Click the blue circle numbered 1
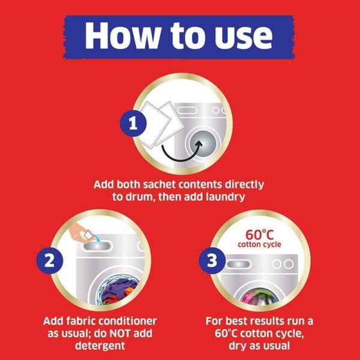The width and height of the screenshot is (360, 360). click(133, 123)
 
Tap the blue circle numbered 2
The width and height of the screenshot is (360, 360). click(50, 260)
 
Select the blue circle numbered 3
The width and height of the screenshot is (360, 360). click(212, 260)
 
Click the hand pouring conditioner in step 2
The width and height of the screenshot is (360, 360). click(79, 232)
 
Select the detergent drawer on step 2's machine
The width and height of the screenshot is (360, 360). click(97, 247)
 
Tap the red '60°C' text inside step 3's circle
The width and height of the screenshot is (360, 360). click(260, 235)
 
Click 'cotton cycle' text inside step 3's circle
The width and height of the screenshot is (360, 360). click(259, 245)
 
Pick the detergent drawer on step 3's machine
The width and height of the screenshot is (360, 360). click(238, 264)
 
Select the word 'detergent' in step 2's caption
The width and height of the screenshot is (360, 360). click(100, 346)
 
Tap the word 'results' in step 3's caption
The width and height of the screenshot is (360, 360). click(266, 321)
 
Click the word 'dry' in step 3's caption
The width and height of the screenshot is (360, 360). click(238, 346)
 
